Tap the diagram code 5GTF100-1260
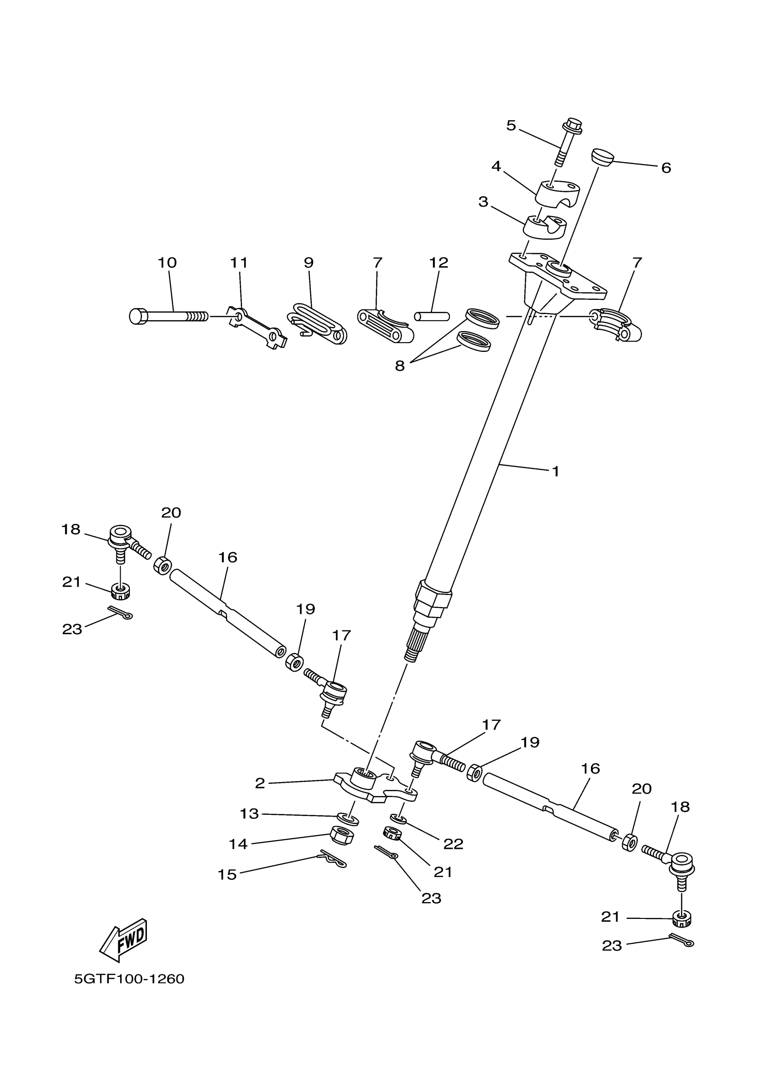129,979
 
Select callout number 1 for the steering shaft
555,471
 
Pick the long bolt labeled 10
168,316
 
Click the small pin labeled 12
432,316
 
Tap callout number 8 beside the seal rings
399,366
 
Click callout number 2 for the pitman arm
260,783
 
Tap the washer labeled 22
398,819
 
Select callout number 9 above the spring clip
309,263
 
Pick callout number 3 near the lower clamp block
483,202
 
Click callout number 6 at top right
666,168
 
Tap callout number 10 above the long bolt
167,263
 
